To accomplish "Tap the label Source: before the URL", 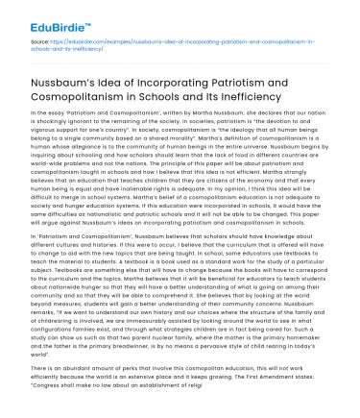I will tap(41, 42).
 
